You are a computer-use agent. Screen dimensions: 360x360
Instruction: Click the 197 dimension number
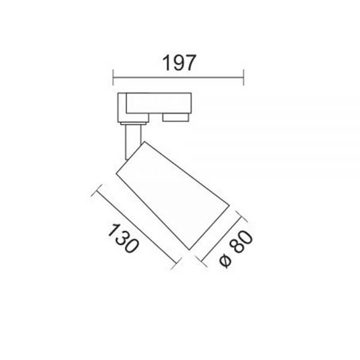[x=179, y=62]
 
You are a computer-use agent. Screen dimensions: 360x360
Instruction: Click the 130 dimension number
[x=124, y=238]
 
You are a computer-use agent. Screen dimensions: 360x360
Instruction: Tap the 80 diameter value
[x=241, y=242]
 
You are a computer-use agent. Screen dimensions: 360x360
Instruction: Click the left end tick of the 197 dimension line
[x=113, y=77]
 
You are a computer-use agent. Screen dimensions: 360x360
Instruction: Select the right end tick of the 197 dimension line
[x=244, y=77]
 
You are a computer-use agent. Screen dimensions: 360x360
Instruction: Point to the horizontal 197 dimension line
[x=178, y=77]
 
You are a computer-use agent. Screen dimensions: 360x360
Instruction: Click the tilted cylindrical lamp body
[x=173, y=196]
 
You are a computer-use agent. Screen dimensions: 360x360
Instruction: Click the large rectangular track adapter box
[x=158, y=103]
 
